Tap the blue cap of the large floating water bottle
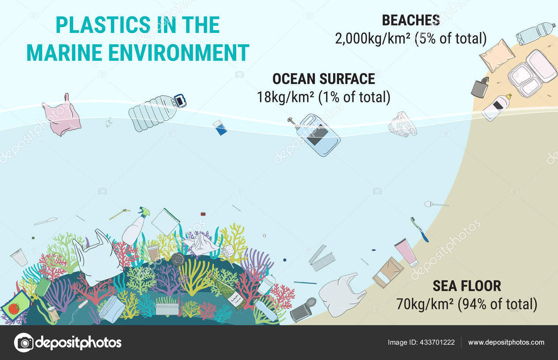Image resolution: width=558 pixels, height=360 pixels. pos(180,101)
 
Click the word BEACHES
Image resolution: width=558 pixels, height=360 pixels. pos(411,20)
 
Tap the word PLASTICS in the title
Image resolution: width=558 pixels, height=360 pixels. pos(103,25)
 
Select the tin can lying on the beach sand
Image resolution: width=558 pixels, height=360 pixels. pos(480,87)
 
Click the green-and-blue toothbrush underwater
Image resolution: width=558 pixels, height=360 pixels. pos(420,229)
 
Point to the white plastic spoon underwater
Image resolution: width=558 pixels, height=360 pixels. pos(436,204)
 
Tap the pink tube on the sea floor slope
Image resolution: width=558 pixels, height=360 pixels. pos(406,252)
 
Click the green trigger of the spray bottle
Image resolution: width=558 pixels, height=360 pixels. pos(145,212)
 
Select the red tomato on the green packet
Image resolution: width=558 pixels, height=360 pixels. pos(14,309)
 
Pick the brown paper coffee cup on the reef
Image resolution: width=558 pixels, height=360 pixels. pos(153,253)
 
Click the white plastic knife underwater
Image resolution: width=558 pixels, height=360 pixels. pos(46,221)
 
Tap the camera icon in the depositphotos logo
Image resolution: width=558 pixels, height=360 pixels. pos(24,343)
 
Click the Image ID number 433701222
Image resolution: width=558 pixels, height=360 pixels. pos(437,342)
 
